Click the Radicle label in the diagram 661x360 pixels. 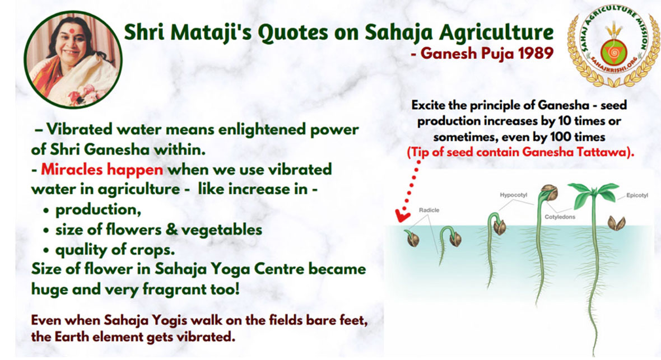point(429,211)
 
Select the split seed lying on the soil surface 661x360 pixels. point(616,222)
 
